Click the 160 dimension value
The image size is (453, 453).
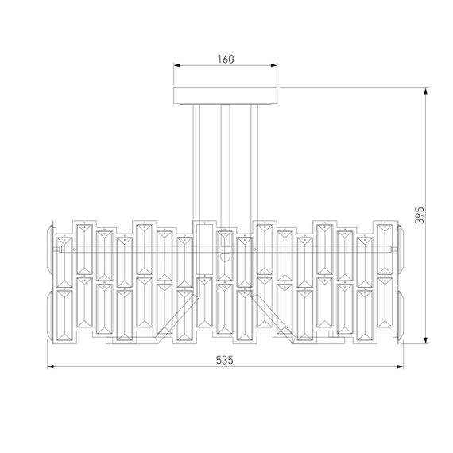[226, 60]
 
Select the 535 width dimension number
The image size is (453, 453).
[226, 359]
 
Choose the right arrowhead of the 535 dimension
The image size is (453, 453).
[401, 367]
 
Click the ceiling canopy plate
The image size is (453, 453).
[226, 95]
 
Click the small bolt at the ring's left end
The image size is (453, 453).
[56, 250]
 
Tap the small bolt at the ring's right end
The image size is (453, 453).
[395, 250]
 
